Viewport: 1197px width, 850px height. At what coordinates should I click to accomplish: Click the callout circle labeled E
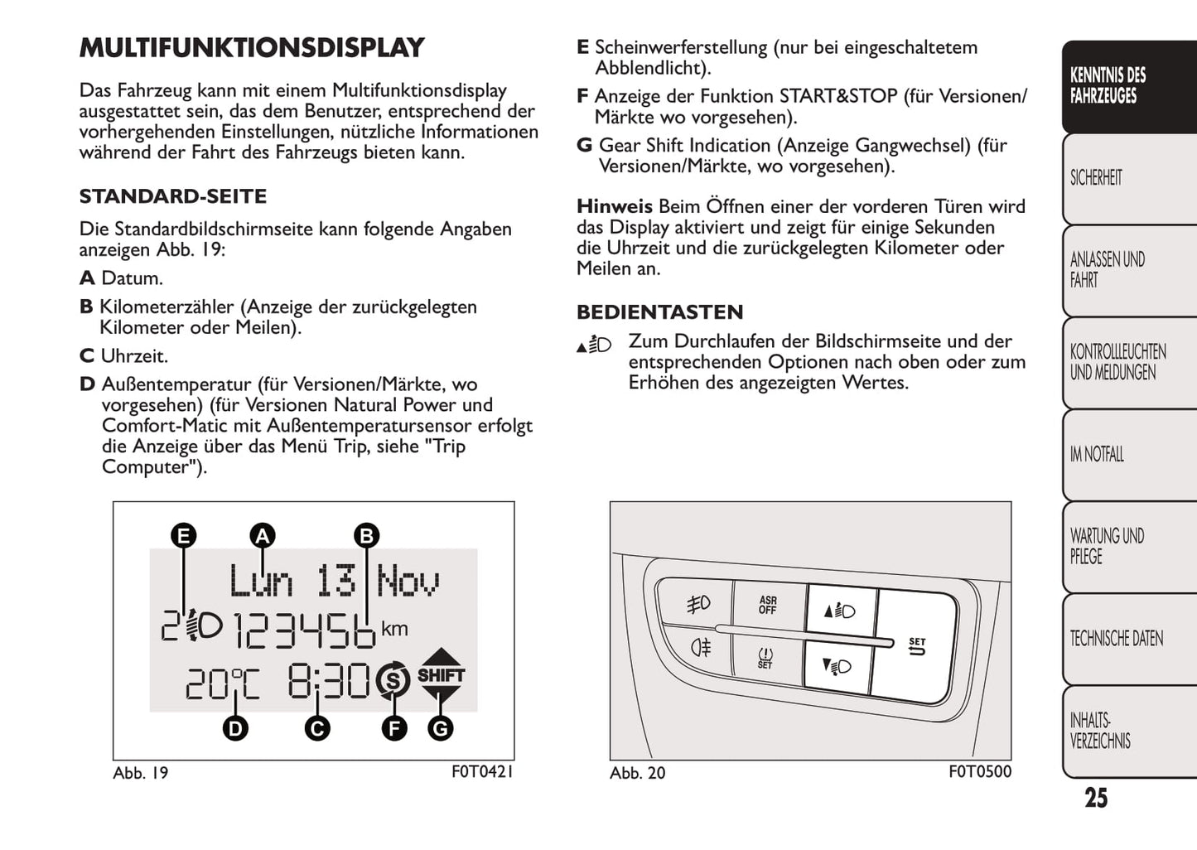click(183, 536)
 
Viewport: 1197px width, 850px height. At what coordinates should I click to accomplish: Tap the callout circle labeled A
click(263, 536)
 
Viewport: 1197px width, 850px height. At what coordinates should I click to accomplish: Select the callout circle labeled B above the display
click(365, 536)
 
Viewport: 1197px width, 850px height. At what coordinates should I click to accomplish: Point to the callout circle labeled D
click(236, 728)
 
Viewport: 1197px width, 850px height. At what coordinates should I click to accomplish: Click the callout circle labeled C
click(316, 728)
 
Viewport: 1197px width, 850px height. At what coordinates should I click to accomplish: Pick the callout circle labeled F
click(393, 728)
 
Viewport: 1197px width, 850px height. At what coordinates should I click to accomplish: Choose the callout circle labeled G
click(440, 728)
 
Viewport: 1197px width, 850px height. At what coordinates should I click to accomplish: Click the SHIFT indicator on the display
click(441, 674)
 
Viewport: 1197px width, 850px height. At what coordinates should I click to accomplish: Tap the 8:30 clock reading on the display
click(328, 682)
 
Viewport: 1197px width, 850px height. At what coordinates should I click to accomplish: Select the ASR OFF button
click(768, 606)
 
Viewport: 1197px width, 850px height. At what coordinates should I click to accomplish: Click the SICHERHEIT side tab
click(1096, 178)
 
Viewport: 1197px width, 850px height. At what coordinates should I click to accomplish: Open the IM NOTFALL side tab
click(1097, 454)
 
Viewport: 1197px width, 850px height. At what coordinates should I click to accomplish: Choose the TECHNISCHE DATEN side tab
click(1116, 639)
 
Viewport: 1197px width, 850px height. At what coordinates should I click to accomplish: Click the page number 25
click(1096, 798)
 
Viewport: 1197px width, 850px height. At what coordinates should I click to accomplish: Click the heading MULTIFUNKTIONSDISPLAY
click(252, 48)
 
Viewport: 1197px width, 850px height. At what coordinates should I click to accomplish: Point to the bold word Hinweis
click(615, 206)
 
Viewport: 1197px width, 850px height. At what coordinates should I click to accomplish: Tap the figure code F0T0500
click(980, 771)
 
